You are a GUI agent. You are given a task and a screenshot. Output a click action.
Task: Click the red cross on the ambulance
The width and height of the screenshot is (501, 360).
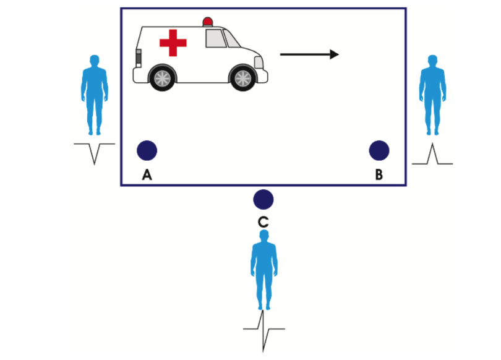click(173, 43)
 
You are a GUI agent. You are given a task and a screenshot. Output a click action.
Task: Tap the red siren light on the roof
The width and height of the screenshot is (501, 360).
click(207, 22)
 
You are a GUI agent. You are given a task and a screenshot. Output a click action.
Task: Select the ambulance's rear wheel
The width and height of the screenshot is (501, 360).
click(161, 77)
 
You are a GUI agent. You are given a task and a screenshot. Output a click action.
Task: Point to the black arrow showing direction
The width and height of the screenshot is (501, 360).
click(309, 54)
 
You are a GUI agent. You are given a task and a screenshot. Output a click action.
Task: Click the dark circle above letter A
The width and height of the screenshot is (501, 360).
click(147, 150)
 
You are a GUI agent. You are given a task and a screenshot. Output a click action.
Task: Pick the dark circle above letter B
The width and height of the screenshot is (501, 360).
click(379, 150)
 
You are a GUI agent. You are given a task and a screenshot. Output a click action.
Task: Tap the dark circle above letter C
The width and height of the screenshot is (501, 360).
click(263, 199)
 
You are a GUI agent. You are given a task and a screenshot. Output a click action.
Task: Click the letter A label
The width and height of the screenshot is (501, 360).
click(147, 175)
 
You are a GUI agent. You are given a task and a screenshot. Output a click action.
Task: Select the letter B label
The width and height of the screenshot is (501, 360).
click(379, 175)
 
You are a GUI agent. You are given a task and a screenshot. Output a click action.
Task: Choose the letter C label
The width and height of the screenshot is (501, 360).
click(263, 221)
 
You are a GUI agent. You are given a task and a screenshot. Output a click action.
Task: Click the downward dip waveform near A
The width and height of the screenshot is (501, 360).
click(94, 152)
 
